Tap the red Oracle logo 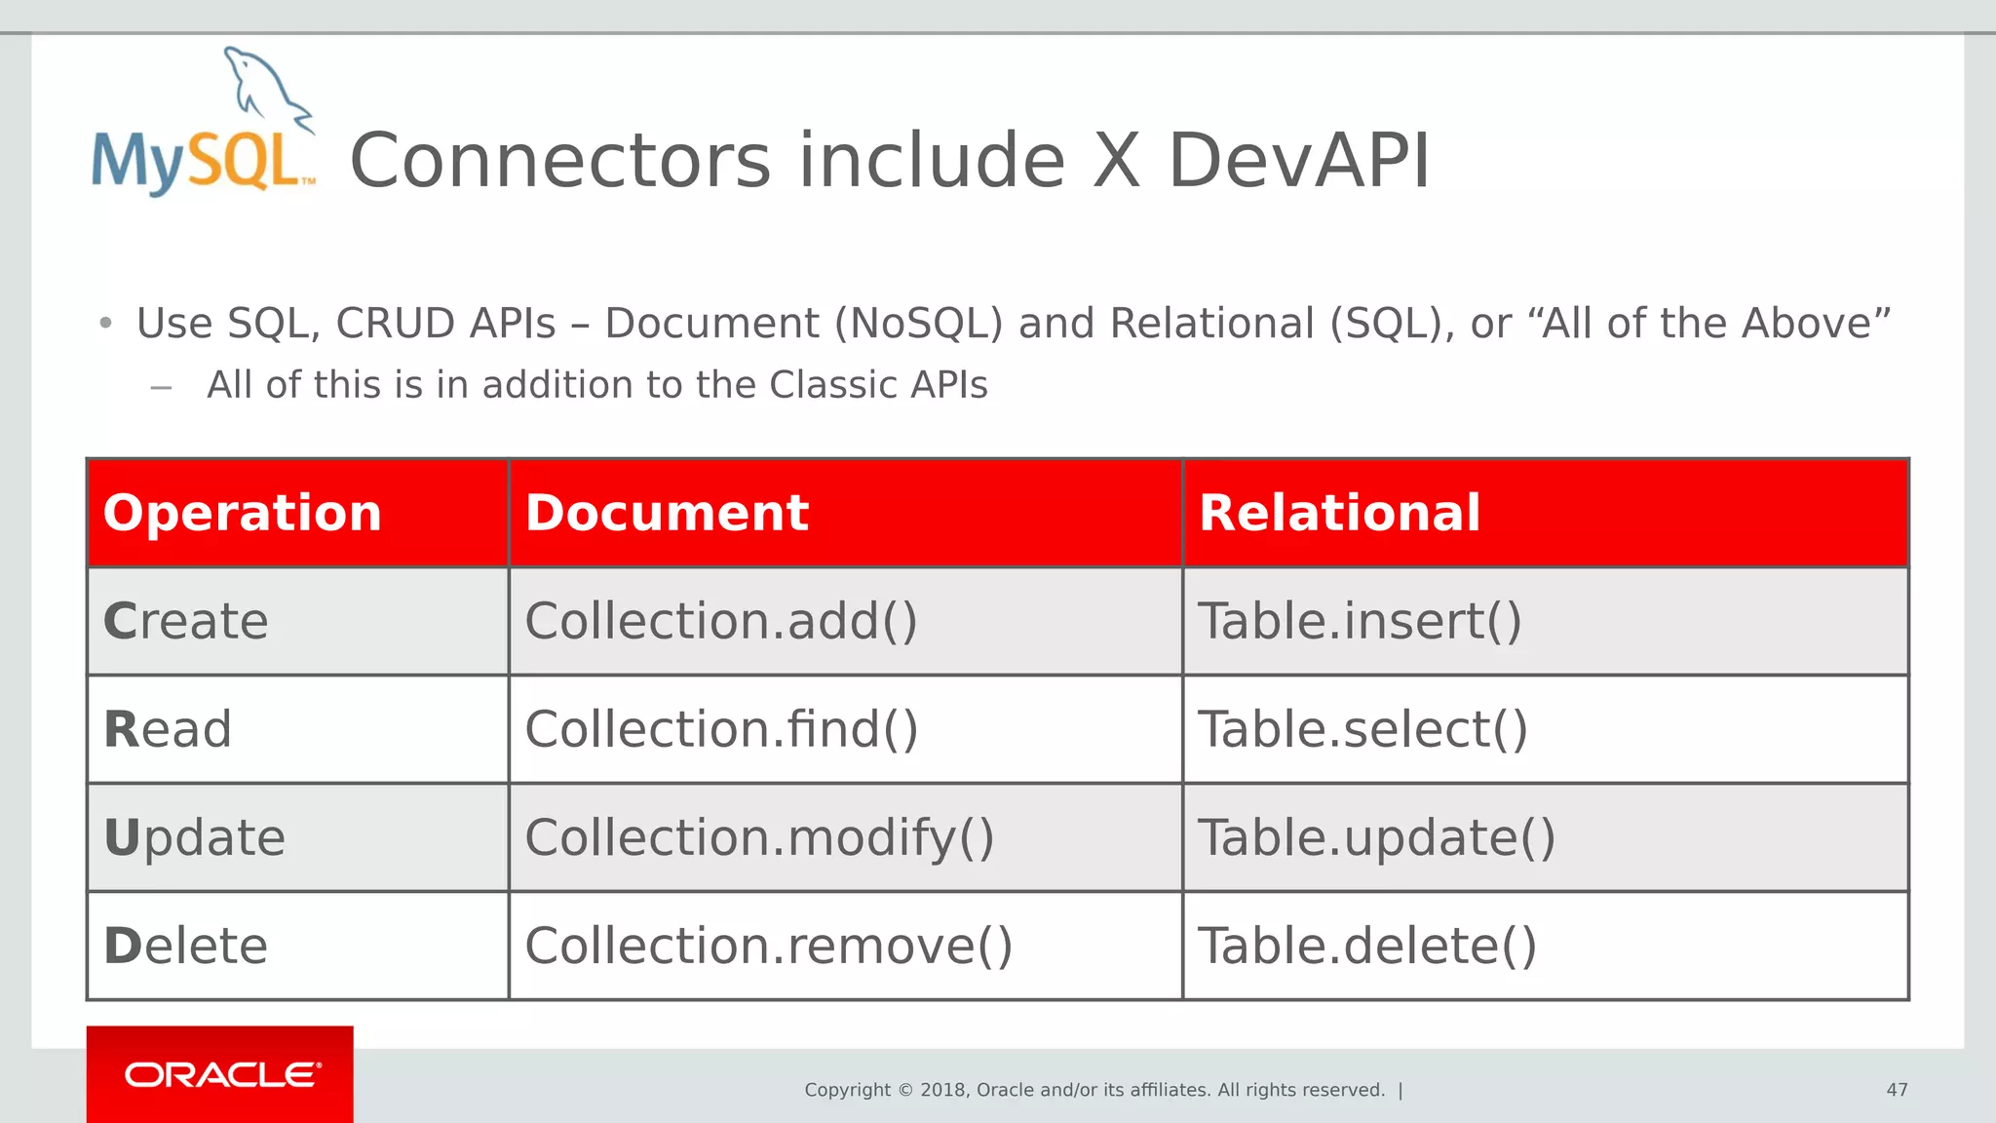coord(220,1074)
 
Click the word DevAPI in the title coord(1298,161)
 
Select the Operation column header coord(242,513)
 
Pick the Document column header coord(667,513)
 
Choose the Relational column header coord(1339,513)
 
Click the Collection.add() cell coord(721,622)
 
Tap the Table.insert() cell coord(1359,622)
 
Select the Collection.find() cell coord(721,730)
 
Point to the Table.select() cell coord(1362,730)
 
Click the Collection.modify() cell coord(759,838)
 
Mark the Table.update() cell coord(1375,838)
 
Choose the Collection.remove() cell coord(768,947)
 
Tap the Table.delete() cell coord(1366,947)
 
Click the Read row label coord(168,730)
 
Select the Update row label coord(194,838)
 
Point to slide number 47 coord(1897,1090)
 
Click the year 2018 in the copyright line coord(942,1090)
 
